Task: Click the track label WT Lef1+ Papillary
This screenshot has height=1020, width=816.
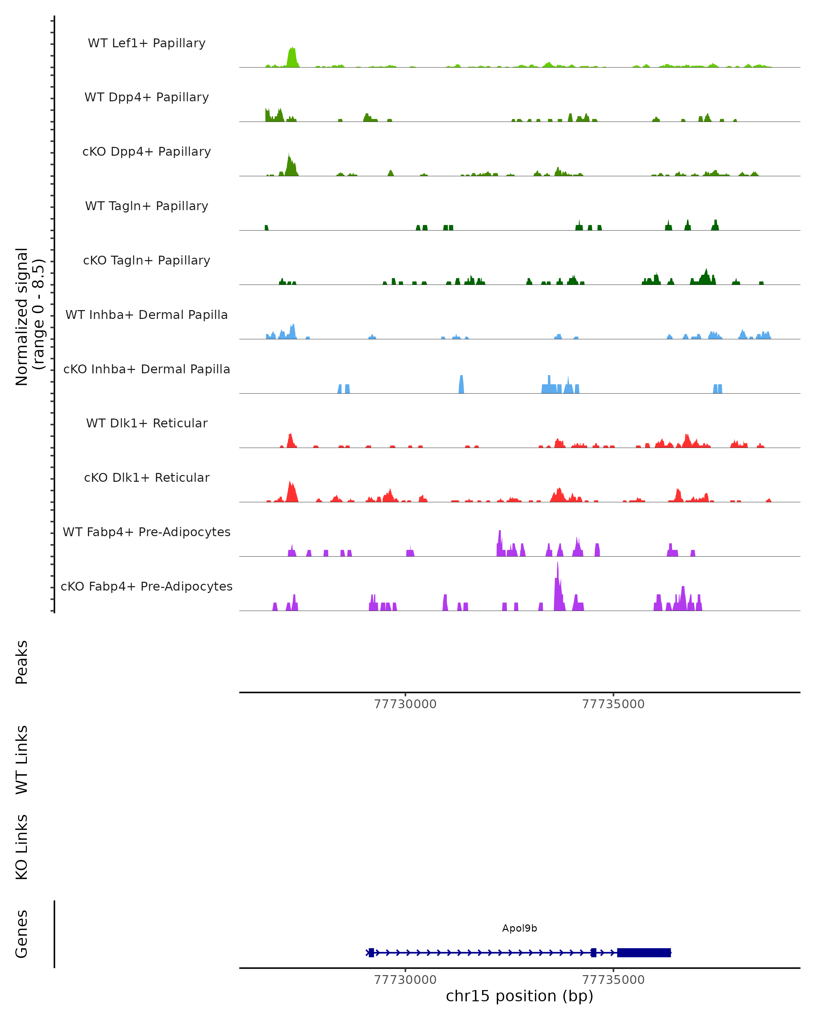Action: pos(147,43)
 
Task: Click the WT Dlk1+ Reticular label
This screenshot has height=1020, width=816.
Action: pos(147,423)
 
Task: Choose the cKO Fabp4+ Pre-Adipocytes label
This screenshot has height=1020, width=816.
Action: pos(147,586)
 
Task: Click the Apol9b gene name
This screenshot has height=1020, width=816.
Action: pos(520,928)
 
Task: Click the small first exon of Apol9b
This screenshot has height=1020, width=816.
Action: pos(371,952)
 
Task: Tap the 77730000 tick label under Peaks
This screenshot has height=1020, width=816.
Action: pos(405,704)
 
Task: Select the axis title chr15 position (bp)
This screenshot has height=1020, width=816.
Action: pos(520,996)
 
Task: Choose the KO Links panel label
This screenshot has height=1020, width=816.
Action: pos(22,847)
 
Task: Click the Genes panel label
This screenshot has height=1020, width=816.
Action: pos(22,934)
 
